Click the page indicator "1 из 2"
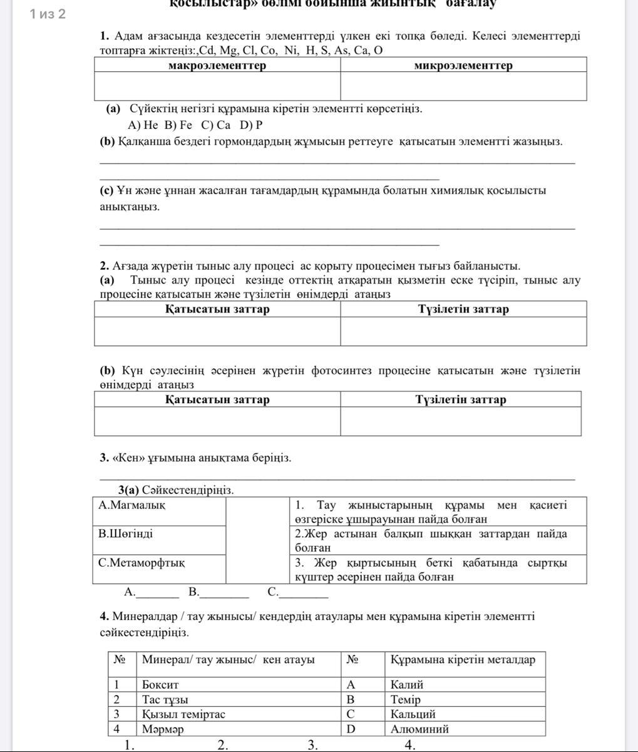[48, 14]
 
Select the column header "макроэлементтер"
[217, 66]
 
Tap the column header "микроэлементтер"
[463, 66]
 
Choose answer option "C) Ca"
[216, 125]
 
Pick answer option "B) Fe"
[178, 125]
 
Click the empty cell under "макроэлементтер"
[217, 86]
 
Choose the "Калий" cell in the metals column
[407, 685]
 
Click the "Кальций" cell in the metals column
[413, 714]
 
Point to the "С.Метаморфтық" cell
[141, 563]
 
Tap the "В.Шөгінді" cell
[126, 534]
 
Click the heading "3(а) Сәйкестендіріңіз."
[176, 490]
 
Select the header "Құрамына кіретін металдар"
[463, 659]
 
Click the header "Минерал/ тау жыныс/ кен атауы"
[228, 659]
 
